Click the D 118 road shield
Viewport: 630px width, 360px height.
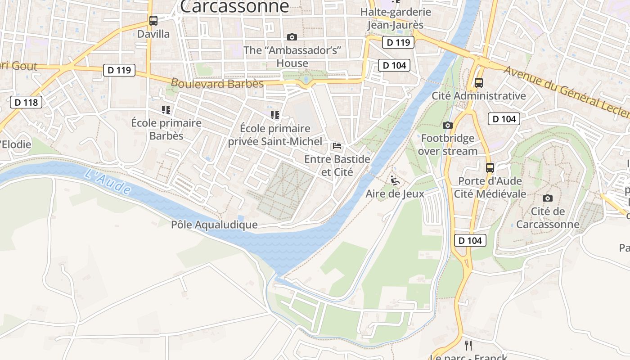26,102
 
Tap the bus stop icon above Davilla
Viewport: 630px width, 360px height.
153,20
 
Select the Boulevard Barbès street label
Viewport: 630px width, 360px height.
217,83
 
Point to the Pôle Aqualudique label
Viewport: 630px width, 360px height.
214,225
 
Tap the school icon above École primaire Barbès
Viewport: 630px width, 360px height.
166,109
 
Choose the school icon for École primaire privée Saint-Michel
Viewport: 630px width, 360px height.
275,115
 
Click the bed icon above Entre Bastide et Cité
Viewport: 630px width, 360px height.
337,146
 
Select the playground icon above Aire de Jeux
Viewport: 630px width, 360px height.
395,180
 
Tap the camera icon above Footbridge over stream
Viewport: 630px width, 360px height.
447,125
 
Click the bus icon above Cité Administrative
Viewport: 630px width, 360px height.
478,83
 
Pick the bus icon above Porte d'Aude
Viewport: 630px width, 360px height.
490,168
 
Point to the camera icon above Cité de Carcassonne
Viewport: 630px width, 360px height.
547,198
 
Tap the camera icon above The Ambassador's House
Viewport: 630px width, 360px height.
292,37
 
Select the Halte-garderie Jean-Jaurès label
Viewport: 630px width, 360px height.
396,18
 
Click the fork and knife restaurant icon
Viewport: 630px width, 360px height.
468,345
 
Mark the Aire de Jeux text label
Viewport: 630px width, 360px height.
395,194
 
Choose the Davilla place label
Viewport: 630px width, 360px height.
153,34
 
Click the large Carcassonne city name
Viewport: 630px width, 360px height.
234,6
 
